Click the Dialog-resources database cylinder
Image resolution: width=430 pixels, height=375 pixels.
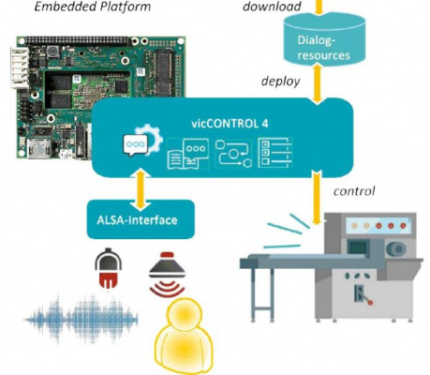(x=324, y=39)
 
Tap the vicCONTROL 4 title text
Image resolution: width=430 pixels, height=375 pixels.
(x=230, y=124)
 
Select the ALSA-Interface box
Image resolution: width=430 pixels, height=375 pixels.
(x=141, y=219)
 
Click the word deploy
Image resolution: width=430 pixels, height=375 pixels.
(x=280, y=82)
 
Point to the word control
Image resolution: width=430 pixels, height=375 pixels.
(x=354, y=190)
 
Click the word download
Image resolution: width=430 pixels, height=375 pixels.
(x=272, y=7)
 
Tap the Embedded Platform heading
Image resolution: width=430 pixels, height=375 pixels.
(x=93, y=7)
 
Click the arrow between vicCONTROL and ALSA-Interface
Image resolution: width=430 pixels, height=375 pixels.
(x=141, y=189)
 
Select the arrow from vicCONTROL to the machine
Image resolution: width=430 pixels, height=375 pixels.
(x=318, y=198)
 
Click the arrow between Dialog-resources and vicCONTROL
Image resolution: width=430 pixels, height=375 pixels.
(x=318, y=83)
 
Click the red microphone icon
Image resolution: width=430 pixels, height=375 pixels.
(x=108, y=268)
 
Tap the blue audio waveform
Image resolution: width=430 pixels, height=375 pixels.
(x=81, y=319)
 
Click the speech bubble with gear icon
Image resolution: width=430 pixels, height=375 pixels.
(x=142, y=142)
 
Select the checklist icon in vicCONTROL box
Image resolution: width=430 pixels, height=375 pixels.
(x=274, y=153)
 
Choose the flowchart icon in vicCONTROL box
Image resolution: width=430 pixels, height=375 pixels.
(x=233, y=154)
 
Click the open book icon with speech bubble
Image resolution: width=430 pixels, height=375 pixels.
(x=187, y=154)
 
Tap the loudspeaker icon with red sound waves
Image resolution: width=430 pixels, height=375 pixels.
(x=167, y=274)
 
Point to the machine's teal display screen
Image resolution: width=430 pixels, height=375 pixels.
(x=358, y=247)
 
